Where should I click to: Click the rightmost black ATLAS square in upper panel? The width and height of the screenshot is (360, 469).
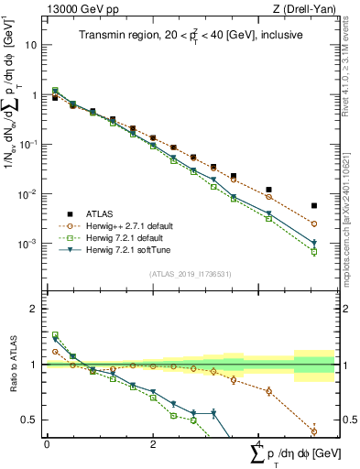tap(314, 206)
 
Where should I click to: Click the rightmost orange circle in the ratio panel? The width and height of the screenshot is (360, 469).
tap(314, 431)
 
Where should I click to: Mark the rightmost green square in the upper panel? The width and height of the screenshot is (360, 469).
tap(314, 252)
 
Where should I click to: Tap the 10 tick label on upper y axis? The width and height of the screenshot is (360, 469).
tap(32, 45)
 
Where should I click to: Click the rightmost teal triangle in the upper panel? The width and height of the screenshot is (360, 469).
tap(314, 244)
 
